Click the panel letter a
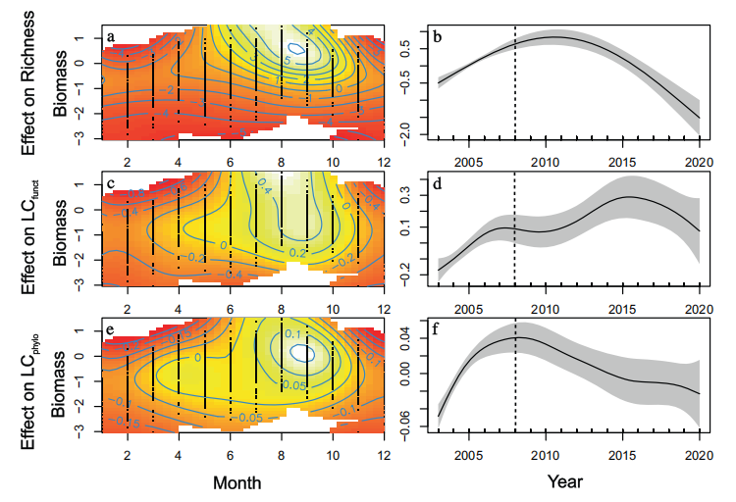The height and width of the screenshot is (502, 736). (x=111, y=37)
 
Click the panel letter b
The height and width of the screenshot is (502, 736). (x=438, y=37)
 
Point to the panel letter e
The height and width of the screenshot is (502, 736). (x=111, y=326)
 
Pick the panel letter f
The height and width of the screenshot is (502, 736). (x=438, y=326)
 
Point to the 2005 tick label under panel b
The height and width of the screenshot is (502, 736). (x=469, y=161)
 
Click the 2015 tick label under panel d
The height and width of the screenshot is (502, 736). (x=621, y=306)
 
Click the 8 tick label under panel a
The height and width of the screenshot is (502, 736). (x=282, y=161)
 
